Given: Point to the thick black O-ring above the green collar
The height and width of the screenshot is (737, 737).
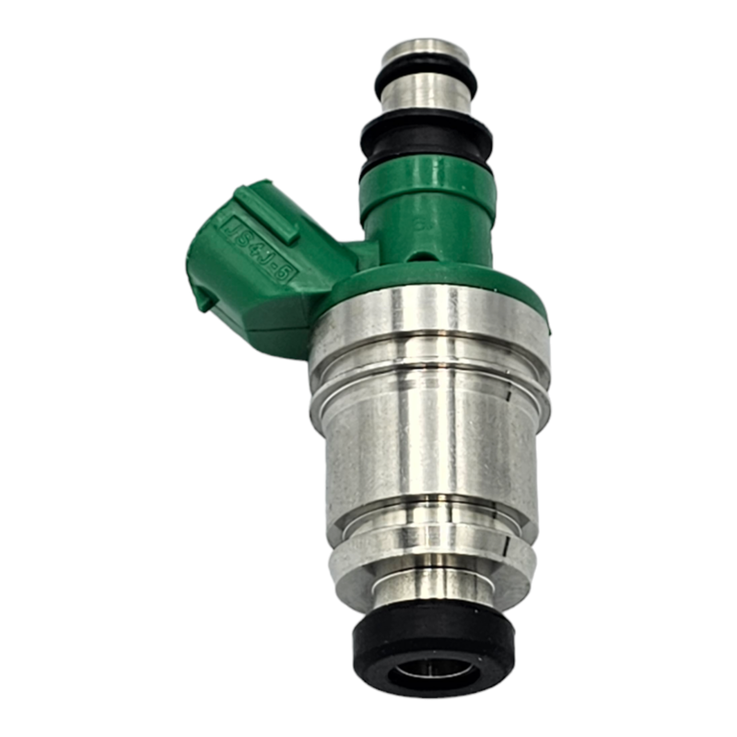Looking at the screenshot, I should click(x=427, y=138).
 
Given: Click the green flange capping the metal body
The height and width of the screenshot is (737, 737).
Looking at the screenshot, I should click(x=433, y=281).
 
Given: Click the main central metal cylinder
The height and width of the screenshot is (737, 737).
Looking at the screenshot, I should click(x=430, y=442).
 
